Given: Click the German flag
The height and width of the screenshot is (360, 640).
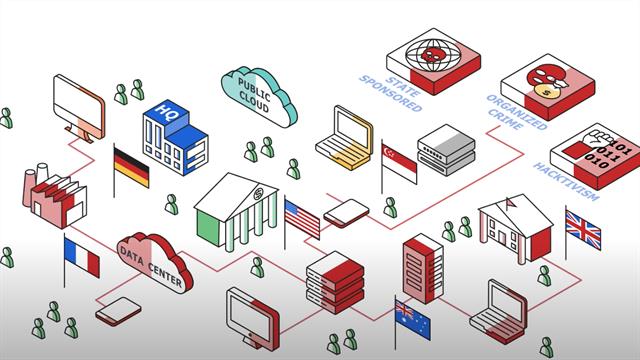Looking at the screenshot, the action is coord(131,167).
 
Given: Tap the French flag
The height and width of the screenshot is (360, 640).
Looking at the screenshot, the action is coord(82,257).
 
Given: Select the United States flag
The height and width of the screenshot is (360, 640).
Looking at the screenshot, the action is coord(302,218).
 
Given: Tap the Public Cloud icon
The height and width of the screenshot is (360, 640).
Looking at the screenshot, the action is coord(259,92).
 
